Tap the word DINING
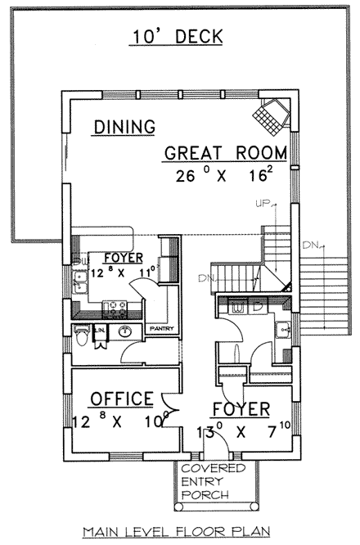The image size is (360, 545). tap(124, 127)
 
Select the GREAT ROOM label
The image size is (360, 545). tap(225, 153)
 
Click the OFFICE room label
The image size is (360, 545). tap(121, 399)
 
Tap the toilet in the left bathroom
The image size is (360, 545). tap(81, 336)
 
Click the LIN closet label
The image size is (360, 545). tap(100, 329)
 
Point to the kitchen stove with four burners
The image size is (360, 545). tap(115, 309)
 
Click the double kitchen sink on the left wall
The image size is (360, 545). tap(80, 283)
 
